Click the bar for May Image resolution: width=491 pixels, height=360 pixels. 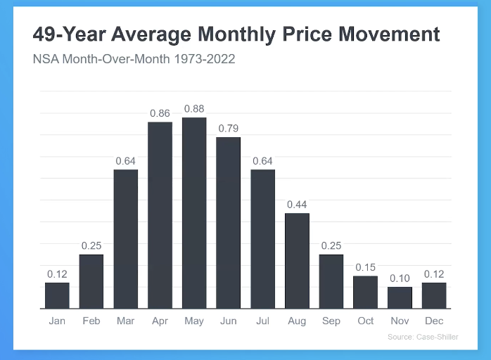point(194,213)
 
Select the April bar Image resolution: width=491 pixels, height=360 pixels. point(160,215)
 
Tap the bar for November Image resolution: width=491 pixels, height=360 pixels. point(400,297)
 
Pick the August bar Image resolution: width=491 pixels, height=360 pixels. point(297,261)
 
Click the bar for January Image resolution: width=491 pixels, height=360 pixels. point(57,295)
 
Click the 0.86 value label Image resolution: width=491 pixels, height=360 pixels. point(160,112)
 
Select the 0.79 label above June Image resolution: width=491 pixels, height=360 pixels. point(229,128)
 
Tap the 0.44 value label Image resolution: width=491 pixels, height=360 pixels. point(297,204)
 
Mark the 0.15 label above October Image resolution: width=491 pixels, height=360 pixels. point(365,267)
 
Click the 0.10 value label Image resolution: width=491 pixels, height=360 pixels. point(400,278)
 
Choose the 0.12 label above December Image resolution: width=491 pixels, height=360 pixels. point(434,274)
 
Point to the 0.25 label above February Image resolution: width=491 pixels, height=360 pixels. point(91,245)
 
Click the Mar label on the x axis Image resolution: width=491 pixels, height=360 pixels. point(125,321)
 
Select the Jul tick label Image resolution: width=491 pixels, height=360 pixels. point(262,321)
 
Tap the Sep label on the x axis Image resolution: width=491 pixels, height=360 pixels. point(331,321)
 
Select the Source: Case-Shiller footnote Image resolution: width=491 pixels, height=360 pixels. point(423,337)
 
